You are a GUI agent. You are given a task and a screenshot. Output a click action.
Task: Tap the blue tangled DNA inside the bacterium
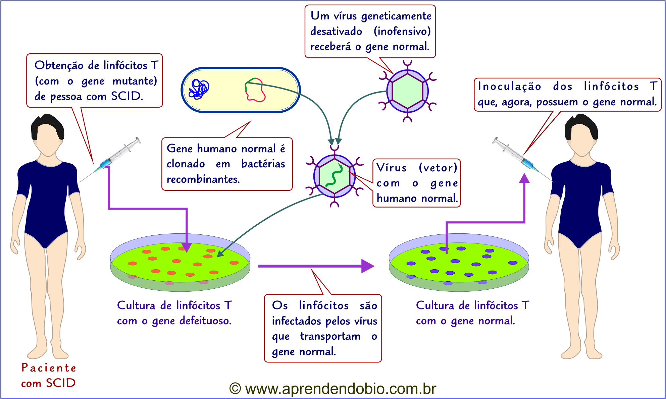[x=199, y=89]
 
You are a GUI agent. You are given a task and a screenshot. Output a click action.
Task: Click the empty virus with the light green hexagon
[x=407, y=91]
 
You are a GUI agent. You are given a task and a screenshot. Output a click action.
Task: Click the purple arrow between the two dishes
[x=315, y=266]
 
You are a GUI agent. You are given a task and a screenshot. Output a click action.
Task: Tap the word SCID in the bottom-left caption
[x=61, y=383]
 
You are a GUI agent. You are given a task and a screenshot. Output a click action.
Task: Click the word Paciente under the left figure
[x=49, y=368]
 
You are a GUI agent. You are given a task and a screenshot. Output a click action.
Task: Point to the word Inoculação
[x=509, y=86]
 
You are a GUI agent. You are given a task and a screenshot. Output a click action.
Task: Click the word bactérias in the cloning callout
[x=263, y=164]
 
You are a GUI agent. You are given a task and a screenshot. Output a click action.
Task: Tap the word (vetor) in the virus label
[x=438, y=167]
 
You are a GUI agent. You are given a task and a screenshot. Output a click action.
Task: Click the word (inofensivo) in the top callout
[x=402, y=31]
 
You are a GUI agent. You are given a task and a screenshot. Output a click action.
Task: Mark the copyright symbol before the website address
[x=235, y=389]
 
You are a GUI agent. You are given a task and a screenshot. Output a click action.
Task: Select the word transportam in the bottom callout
[x=330, y=336]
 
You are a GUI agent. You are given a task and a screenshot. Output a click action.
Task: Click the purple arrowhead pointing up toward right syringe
[x=524, y=178]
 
